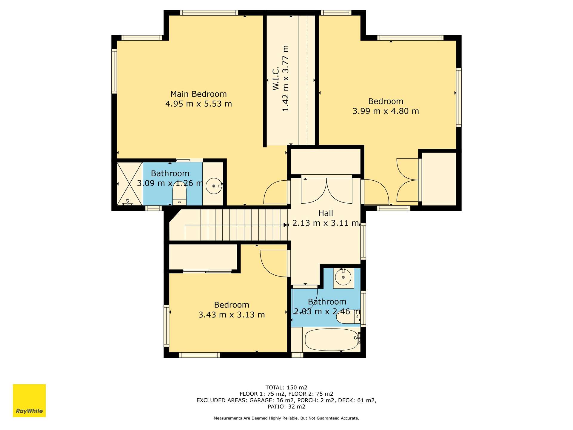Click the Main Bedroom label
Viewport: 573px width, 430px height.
tap(198, 94)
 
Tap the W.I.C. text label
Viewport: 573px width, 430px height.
tap(276, 78)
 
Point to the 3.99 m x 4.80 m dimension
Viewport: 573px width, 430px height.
tap(386, 111)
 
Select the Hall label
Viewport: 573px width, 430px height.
tap(326, 213)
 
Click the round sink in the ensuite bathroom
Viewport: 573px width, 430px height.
tap(214, 186)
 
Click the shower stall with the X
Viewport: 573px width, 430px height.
tap(130, 184)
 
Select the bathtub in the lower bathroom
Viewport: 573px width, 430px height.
tap(332, 340)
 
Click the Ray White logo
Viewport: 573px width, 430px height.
tap(29, 400)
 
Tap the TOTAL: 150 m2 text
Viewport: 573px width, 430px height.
tap(286, 388)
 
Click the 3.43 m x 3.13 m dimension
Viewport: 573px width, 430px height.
tap(232, 315)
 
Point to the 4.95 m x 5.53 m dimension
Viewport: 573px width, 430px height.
tap(198, 104)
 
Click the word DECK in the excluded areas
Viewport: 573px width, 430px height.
tap(344, 400)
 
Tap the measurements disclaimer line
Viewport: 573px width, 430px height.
tap(286, 418)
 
